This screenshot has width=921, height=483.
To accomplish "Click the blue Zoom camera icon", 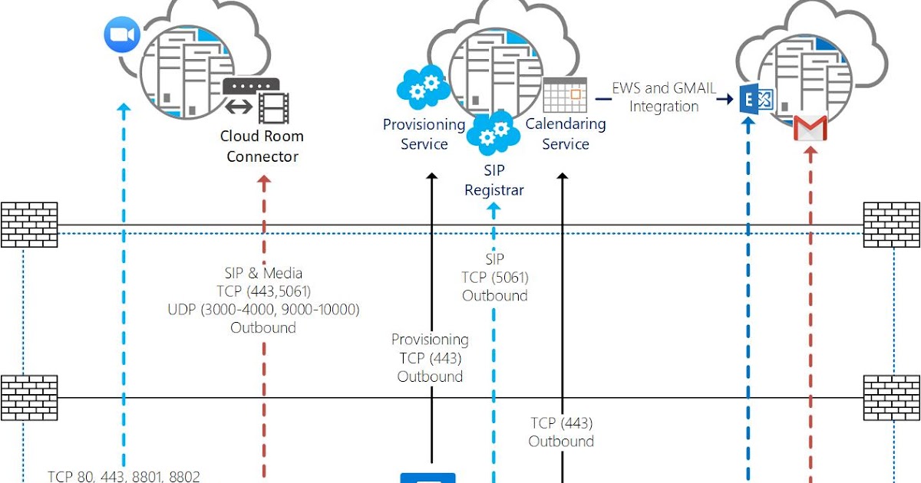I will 120,35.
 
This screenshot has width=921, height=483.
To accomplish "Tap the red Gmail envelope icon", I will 810,128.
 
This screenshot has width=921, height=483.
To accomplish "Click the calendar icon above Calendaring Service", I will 565,95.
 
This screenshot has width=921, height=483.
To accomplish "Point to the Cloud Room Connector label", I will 262,146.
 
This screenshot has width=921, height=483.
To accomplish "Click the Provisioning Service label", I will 424,134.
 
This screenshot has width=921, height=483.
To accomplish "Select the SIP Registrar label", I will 494,179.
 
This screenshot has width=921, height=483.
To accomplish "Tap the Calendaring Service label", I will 566,134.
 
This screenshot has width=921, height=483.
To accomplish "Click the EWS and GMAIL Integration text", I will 664,97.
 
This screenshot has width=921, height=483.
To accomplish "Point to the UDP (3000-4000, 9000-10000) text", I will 263,309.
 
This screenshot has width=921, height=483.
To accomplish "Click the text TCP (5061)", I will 495,278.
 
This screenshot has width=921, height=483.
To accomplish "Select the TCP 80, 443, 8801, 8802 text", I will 124,476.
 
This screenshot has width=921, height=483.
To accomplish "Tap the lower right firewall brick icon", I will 891,397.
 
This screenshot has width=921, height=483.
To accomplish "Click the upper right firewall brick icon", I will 891,225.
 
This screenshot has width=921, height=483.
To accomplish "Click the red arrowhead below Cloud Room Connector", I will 264,182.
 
